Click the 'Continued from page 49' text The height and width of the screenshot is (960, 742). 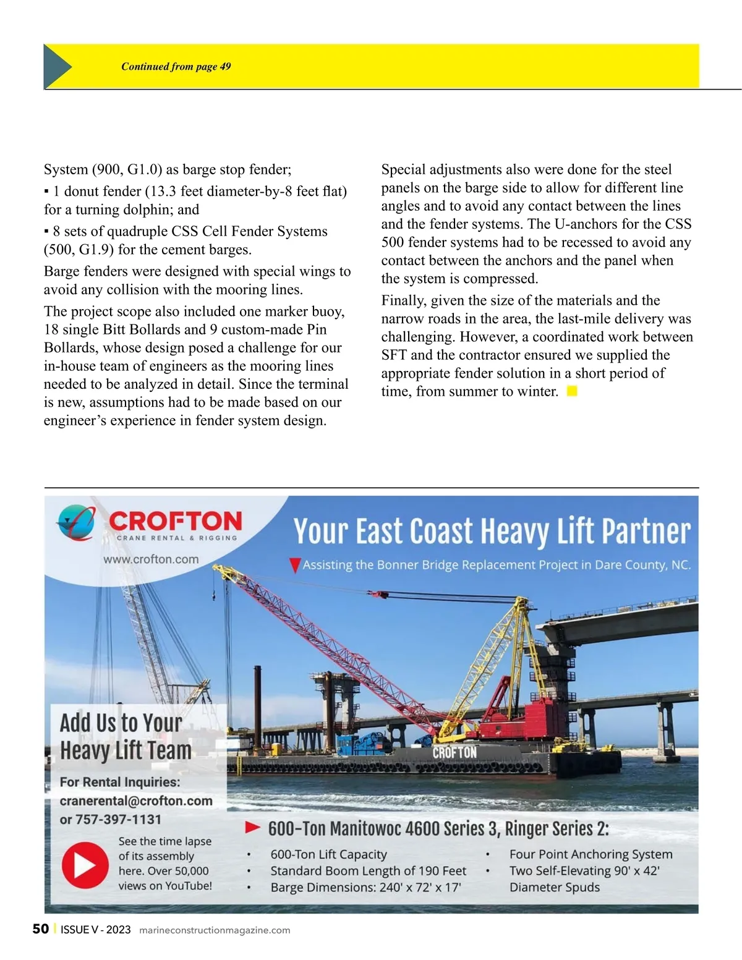tap(176, 67)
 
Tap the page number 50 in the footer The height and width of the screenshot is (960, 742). tap(40, 929)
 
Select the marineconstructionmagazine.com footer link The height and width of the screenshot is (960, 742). tap(215, 930)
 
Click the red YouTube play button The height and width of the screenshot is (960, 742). tap(85, 865)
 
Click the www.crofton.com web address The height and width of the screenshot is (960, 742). tap(151, 559)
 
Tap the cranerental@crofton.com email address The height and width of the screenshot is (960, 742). tap(136, 801)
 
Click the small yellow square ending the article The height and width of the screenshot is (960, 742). tap(572, 391)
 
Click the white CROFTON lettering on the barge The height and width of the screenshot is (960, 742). tap(454, 752)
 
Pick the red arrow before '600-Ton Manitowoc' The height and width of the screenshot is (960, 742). tap(252, 827)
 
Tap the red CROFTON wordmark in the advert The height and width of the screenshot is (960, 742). tap(176, 521)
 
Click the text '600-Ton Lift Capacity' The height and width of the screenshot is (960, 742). tap(328, 854)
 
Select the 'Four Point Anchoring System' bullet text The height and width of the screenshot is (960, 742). tap(591, 854)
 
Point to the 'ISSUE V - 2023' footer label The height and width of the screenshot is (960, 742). tap(95, 930)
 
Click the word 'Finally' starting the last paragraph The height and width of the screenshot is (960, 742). tap(404, 300)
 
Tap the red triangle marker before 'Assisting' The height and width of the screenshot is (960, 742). tap(295, 565)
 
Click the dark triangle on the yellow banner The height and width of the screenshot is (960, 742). tap(57, 66)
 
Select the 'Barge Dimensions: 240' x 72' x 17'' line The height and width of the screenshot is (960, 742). tap(365, 888)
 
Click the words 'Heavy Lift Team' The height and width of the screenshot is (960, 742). tap(126, 750)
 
